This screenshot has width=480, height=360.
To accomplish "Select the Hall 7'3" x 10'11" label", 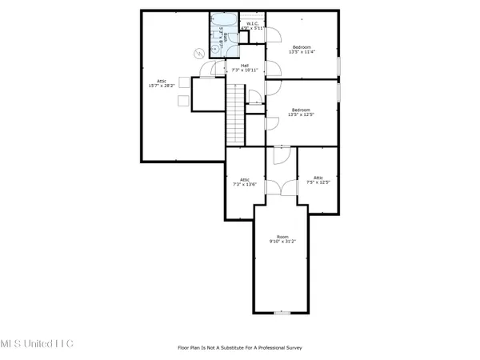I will [236, 69].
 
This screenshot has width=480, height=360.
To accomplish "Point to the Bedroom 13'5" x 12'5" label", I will [302, 112].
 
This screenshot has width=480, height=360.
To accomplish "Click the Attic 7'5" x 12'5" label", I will [318, 180].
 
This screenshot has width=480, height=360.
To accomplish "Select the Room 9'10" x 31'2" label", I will [282, 239].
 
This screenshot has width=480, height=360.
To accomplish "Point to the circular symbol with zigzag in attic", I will [198, 54].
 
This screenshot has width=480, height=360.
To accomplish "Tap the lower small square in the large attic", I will [183, 100].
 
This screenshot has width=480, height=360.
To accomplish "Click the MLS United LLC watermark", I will [37, 343].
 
